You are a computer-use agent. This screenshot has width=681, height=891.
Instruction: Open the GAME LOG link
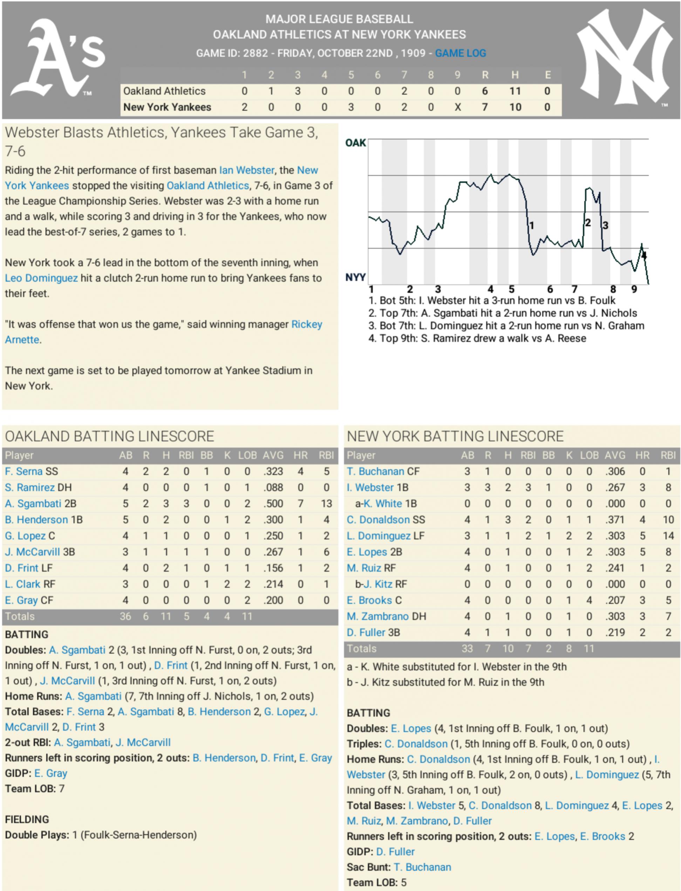tap(460, 53)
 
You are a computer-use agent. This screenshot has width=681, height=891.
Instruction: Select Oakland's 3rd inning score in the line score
tap(298, 91)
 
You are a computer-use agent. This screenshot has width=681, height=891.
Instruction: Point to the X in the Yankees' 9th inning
tap(457, 107)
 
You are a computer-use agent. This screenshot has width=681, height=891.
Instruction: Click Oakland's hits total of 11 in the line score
tap(515, 91)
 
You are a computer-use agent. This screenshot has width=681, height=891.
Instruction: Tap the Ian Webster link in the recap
tap(246, 170)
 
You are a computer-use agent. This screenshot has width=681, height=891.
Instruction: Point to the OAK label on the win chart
tap(355, 143)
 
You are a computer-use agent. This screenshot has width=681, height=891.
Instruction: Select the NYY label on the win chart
tap(355, 277)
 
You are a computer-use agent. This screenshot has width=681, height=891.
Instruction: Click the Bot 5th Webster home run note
tap(492, 300)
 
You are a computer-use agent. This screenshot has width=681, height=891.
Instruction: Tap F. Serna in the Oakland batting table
tap(23, 471)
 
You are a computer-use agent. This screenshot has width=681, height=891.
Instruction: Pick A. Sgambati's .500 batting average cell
tap(273, 503)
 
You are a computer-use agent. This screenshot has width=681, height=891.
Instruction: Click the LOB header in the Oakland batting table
tap(247, 455)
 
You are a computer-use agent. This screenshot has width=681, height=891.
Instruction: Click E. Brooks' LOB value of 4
tap(589, 600)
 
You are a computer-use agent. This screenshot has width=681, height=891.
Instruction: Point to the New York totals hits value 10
tap(508, 649)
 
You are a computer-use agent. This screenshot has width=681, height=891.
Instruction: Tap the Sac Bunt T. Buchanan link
tap(422, 867)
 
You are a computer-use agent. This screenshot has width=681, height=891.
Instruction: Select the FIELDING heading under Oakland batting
tap(27, 819)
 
